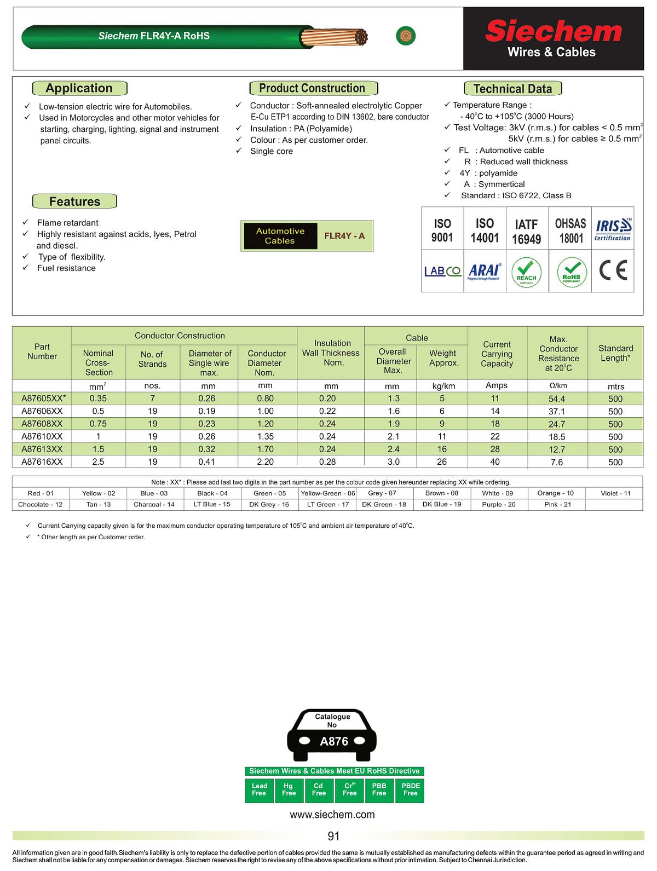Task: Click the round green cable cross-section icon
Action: (x=406, y=36)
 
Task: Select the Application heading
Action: (x=79, y=88)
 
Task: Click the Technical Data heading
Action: (x=512, y=89)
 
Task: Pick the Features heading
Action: (x=74, y=201)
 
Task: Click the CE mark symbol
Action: (x=613, y=270)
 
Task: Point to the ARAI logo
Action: (x=484, y=271)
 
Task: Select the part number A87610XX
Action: (x=42, y=436)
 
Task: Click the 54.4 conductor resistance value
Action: (x=557, y=399)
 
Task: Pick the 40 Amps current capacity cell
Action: (x=495, y=462)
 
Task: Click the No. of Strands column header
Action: (x=152, y=359)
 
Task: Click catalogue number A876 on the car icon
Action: (x=333, y=741)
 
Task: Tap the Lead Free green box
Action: (x=259, y=790)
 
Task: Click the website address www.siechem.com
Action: (x=332, y=815)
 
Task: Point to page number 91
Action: (x=333, y=836)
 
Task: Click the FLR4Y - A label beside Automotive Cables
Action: (x=344, y=236)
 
